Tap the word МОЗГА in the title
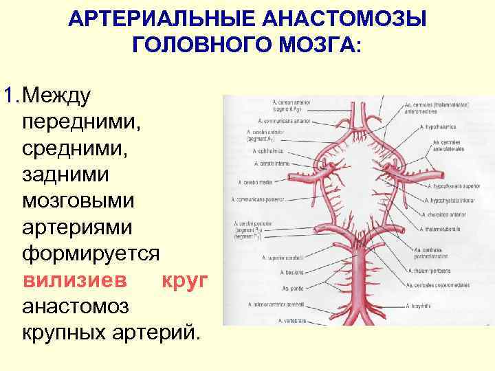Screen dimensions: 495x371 point(312,45)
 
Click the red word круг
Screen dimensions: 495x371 point(185,281)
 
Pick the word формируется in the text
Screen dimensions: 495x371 point(91,254)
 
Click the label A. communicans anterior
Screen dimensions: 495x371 point(272,119)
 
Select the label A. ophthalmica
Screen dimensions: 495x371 point(268,150)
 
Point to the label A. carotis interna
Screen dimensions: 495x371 point(272,164)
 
